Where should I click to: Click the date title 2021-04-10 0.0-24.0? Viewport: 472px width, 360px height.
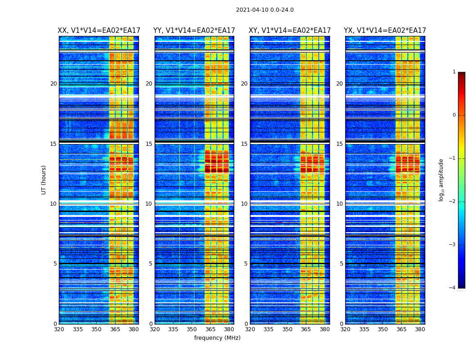coord(265,10)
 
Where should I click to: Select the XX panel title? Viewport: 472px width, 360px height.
coord(99,31)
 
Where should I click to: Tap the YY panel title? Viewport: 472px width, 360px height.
coord(194,31)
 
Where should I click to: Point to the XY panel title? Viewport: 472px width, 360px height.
coord(290,31)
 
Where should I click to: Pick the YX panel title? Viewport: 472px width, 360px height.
coord(385,31)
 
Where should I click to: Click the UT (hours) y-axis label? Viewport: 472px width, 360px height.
coord(44,180)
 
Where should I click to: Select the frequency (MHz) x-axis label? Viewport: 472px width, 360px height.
coord(217,338)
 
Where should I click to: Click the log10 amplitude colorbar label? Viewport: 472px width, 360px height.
coord(441,180)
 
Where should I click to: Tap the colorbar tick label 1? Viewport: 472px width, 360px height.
coord(454,72)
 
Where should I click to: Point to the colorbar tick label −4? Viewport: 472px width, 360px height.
coord(452,288)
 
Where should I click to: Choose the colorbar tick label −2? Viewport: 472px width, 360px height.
coord(452,202)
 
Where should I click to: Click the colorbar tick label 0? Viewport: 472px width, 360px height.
coord(454,115)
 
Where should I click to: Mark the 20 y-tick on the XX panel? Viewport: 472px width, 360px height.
coord(53,84)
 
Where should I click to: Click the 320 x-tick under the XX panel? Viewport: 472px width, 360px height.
coord(59,329)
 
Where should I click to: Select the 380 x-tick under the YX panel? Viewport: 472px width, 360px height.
coord(420,329)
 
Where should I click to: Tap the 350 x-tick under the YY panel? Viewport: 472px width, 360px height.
coord(192,329)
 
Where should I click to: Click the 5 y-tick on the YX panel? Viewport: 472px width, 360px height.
coord(341,264)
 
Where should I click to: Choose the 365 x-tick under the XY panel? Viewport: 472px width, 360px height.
coord(306,329)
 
